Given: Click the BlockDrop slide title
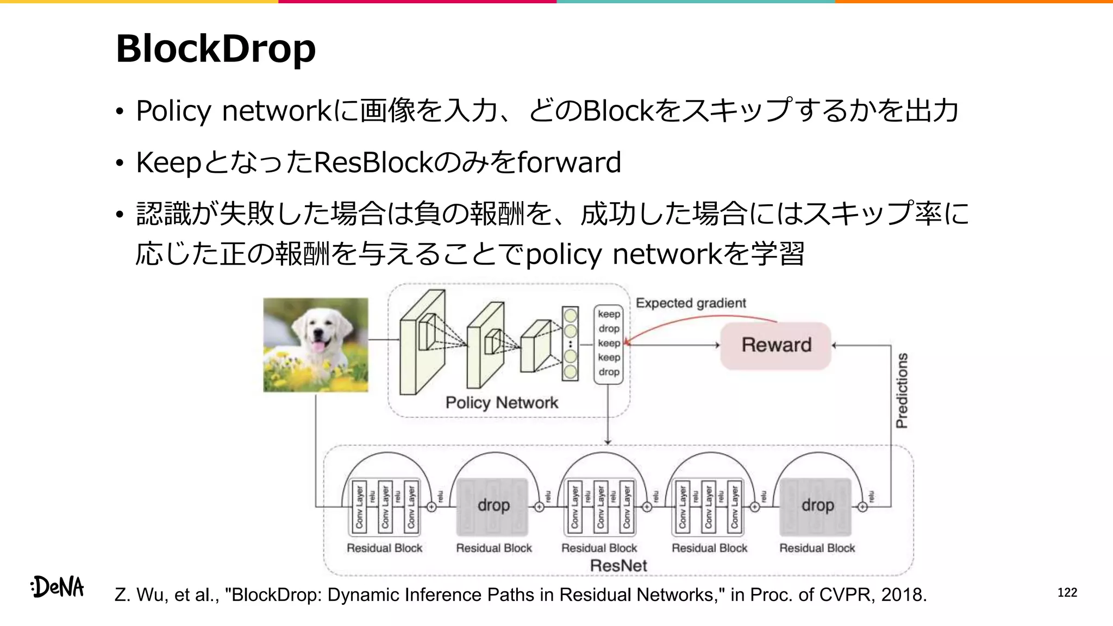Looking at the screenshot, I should coord(215,49).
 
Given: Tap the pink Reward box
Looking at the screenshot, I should coord(776,345).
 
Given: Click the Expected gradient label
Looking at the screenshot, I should coord(690,303).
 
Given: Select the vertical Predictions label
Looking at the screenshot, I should coord(902,390).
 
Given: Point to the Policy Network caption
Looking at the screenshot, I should coord(501,403).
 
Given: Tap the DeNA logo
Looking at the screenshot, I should coord(58,587).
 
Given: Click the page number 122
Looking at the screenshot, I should coord(1067,592).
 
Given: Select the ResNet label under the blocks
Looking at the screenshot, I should coord(618,566).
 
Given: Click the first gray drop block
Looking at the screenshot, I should coord(492,506).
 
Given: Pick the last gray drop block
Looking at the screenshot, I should coord(816,506).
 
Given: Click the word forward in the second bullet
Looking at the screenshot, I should coord(568,162).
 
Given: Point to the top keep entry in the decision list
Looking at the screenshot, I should coord(609,314).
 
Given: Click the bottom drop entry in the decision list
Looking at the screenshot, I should coord(609,372).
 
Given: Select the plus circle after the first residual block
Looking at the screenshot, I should coord(432,506).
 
